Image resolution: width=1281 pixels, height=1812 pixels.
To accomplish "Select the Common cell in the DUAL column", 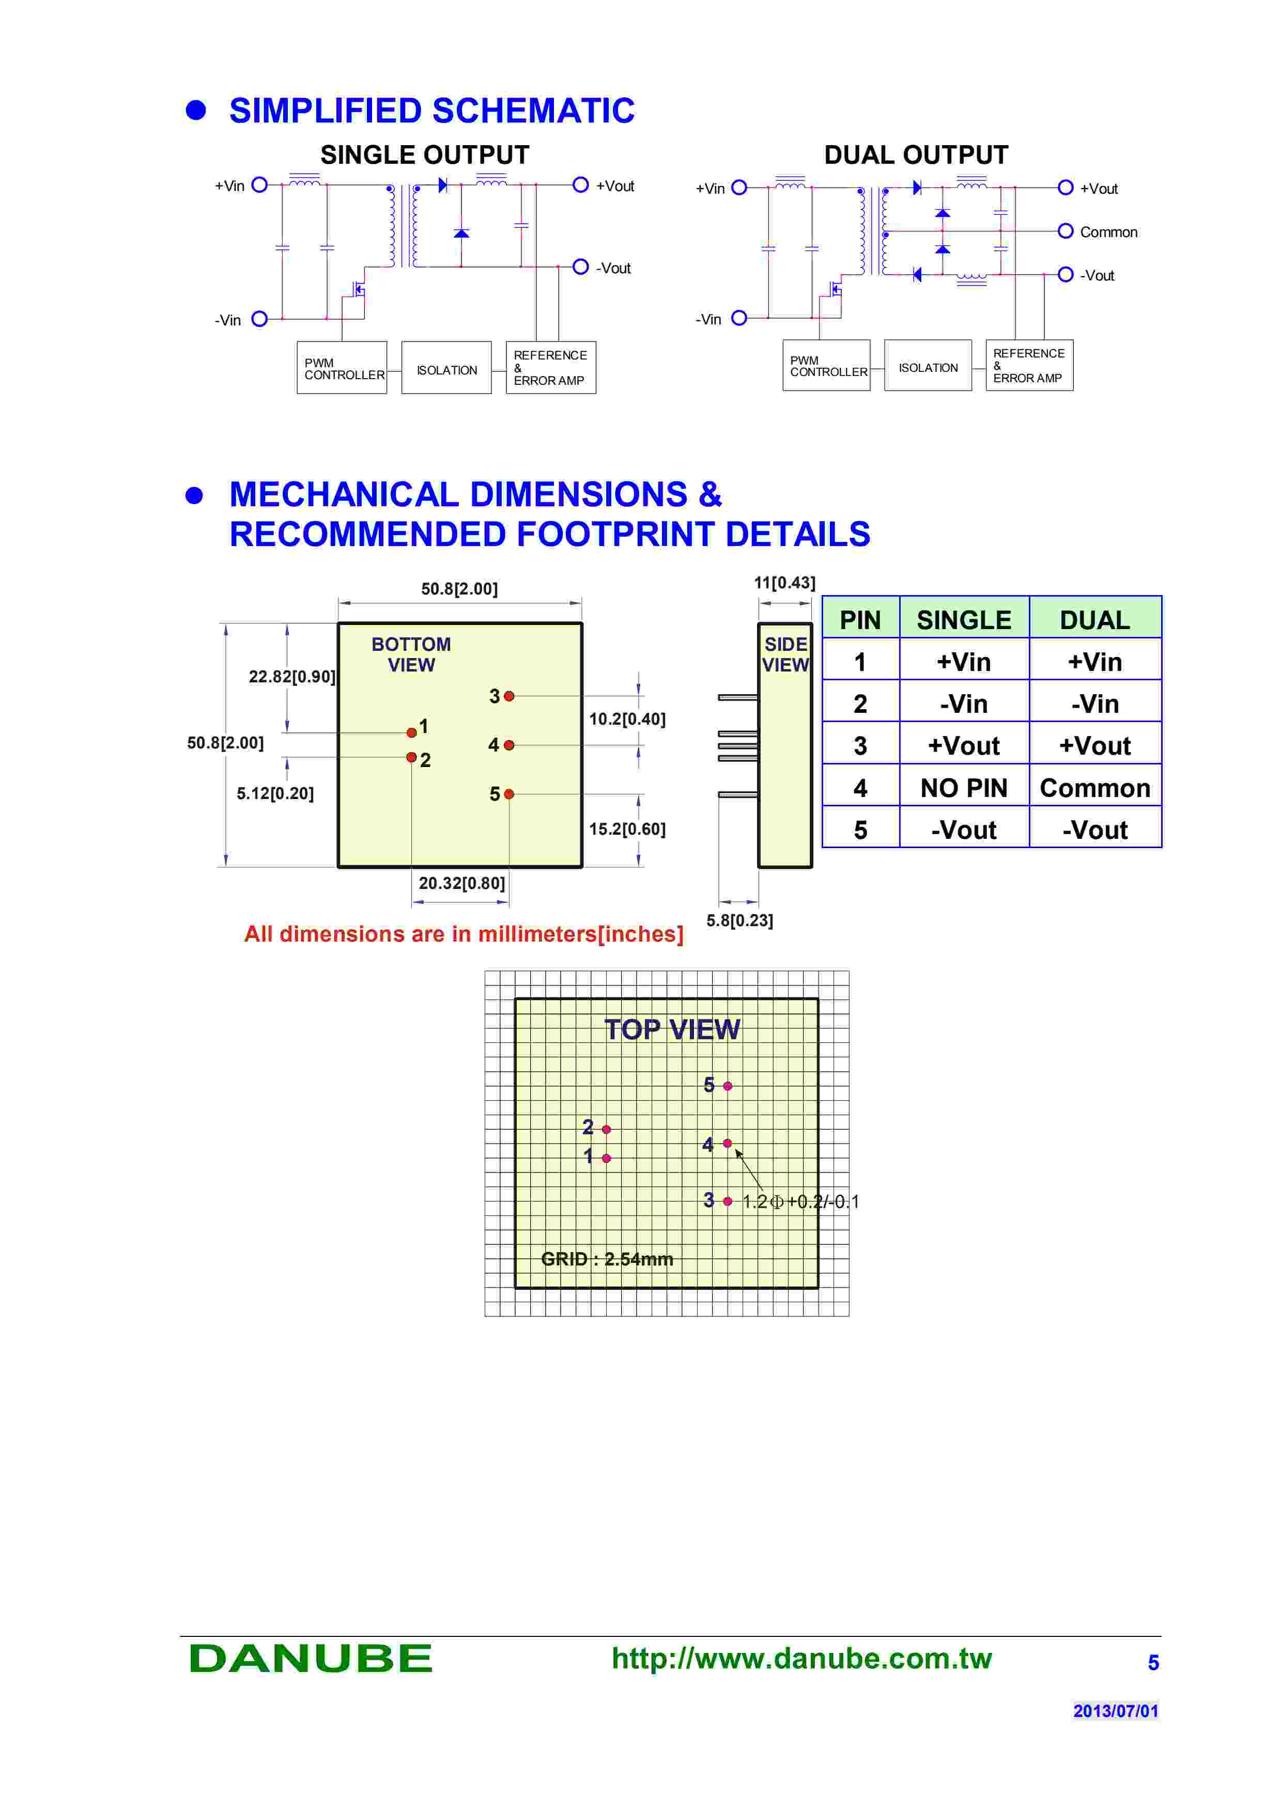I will click(1095, 788).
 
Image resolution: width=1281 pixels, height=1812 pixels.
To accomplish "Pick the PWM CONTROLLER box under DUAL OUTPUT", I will click(826, 365).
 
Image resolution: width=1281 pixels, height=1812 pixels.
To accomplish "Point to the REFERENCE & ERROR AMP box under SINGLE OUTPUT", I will click(550, 368).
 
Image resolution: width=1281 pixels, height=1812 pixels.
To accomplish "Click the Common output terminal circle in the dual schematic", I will click(1064, 231).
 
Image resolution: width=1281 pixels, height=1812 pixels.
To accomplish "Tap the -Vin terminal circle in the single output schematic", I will click(259, 319).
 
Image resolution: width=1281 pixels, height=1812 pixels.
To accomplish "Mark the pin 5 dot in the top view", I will click(728, 1086).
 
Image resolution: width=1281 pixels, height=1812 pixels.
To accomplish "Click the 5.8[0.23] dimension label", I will click(739, 920).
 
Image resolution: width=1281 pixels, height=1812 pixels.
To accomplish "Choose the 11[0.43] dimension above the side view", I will click(784, 583).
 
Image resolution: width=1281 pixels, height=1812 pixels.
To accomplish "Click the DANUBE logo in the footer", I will click(310, 1658).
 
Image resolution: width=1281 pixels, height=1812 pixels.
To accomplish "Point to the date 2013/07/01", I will click(1115, 1711).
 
